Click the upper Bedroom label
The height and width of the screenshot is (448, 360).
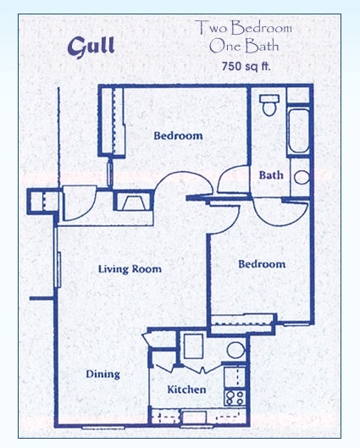click(x=178, y=136)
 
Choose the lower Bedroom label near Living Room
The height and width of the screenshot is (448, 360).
click(x=262, y=264)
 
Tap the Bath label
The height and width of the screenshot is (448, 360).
click(x=271, y=175)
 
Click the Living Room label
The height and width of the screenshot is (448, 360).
click(x=130, y=269)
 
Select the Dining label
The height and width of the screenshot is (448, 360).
click(x=102, y=373)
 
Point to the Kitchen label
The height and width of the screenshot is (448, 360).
click(x=186, y=390)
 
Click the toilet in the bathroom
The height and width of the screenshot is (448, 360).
click(x=269, y=106)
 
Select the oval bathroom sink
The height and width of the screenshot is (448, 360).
click(x=301, y=177)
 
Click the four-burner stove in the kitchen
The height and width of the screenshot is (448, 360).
click(x=235, y=395)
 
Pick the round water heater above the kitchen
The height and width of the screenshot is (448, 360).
click(x=235, y=350)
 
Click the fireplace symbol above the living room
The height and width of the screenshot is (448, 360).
click(x=131, y=202)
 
